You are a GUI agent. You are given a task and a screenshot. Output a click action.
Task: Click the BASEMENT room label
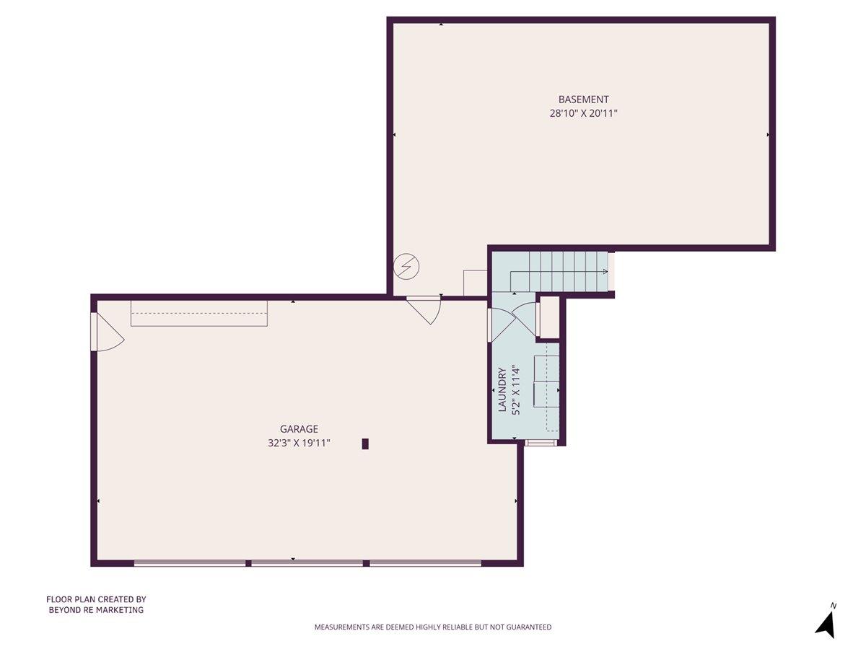(x=584, y=100)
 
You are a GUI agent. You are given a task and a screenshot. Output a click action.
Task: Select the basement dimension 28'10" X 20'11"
(x=584, y=113)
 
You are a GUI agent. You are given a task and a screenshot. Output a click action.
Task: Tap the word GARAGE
(x=299, y=429)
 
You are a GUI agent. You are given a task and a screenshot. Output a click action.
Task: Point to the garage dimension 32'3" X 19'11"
(x=299, y=443)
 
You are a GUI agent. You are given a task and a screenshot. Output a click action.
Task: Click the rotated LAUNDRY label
(x=502, y=390)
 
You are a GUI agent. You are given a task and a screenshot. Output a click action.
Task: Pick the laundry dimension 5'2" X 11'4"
(x=515, y=390)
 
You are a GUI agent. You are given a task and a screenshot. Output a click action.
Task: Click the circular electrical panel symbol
(x=405, y=268)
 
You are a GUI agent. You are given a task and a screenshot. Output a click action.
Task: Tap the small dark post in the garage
(x=365, y=444)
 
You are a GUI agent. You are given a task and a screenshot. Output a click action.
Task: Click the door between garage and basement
(x=426, y=308)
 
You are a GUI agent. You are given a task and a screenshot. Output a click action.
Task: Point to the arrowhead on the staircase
(x=605, y=272)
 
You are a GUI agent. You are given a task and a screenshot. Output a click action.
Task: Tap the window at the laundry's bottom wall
(x=541, y=442)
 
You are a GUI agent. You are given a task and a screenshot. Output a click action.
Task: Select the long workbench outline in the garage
(x=198, y=313)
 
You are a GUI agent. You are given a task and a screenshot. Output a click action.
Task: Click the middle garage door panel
(x=307, y=563)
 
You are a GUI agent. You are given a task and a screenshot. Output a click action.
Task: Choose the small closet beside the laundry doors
(x=549, y=317)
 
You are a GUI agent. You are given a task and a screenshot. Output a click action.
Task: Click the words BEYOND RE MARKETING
(x=96, y=610)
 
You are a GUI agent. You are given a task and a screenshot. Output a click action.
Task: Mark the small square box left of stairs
(x=475, y=282)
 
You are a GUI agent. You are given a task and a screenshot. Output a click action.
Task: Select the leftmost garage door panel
(x=190, y=563)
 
